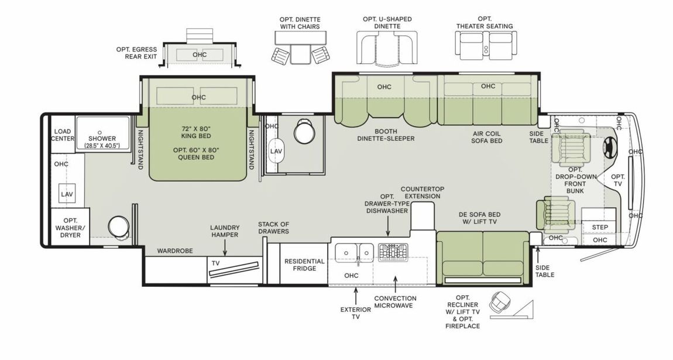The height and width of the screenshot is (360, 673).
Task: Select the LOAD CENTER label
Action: pos(63,135)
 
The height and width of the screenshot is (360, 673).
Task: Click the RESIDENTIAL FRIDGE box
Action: pos(304,265)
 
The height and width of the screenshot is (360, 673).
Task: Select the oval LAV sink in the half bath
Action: pos(276,151)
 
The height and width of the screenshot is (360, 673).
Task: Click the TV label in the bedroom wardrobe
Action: pos(215,264)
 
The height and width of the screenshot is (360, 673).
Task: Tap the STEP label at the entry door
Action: pos(600,227)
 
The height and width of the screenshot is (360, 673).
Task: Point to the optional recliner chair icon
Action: pos(500,303)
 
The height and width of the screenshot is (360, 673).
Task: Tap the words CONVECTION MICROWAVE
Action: pos(395,301)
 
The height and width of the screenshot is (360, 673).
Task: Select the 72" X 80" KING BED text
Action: pos(195,132)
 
